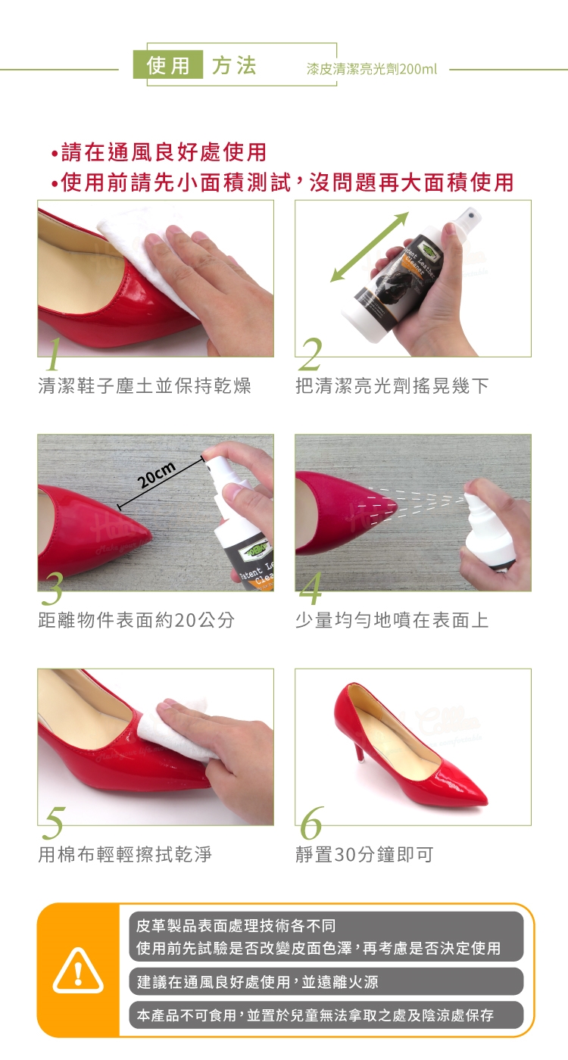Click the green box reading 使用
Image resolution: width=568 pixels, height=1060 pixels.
(x=168, y=64)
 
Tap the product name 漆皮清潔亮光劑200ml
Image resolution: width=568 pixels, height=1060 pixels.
(x=372, y=70)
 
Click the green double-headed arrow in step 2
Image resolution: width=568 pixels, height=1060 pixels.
(x=370, y=247)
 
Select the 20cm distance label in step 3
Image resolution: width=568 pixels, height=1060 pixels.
(x=157, y=475)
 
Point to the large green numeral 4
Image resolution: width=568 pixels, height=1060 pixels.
(x=311, y=588)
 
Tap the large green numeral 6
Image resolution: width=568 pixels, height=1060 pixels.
(x=311, y=823)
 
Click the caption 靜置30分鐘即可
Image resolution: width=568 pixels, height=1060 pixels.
(x=364, y=854)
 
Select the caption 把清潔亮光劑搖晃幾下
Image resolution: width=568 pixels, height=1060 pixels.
(x=392, y=385)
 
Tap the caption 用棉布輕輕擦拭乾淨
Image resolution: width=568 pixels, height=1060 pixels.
(x=125, y=854)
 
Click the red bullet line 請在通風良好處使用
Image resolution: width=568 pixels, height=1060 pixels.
(x=158, y=152)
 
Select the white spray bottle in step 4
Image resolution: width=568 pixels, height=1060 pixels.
(x=485, y=532)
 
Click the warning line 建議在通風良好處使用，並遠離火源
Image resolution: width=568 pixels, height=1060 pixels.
(x=257, y=982)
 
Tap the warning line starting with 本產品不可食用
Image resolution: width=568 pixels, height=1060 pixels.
(x=315, y=1015)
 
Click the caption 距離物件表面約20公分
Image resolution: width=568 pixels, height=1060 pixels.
(x=136, y=620)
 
